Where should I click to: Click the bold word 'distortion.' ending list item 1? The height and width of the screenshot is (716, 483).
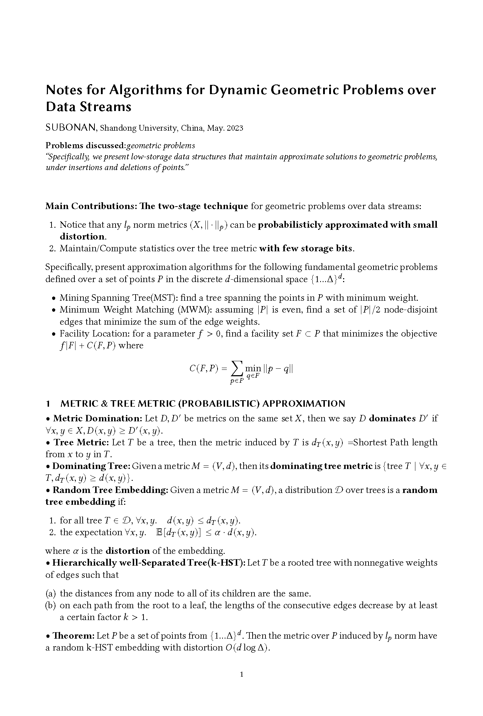[x=83, y=236]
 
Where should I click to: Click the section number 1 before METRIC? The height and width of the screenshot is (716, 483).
[x=48, y=403]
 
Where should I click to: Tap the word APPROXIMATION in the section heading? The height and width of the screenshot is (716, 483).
[x=304, y=403]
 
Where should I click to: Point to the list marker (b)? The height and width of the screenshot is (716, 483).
[x=50, y=605]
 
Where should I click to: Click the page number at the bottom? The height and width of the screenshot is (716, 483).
[x=241, y=674]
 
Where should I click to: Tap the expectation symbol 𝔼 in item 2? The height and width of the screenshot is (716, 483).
[x=160, y=532]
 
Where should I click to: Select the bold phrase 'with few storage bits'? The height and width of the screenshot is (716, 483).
[x=306, y=248]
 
